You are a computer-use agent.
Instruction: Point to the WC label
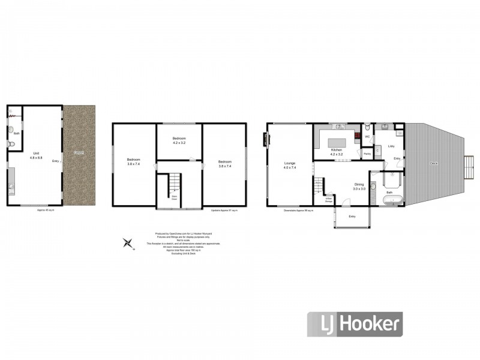coord(367,136)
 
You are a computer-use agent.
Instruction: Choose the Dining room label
coord(359,185)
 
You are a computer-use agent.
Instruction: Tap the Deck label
coord(434,163)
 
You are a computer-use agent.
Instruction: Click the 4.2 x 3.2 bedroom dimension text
coord(179,143)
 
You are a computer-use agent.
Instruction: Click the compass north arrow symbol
coord(127,242)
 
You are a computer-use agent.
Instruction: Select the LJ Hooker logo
coord(354,324)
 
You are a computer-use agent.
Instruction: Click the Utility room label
coord(391,146)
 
